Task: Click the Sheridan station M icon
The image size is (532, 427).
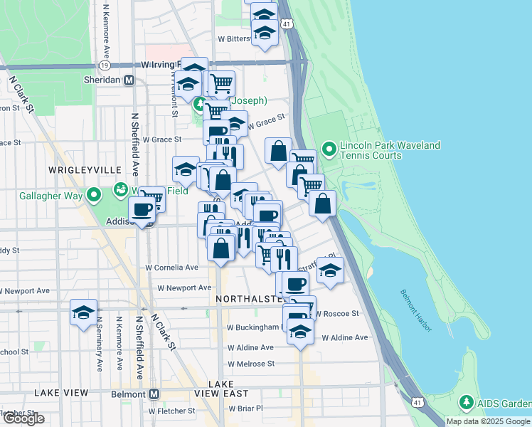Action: click(x=129, y=80)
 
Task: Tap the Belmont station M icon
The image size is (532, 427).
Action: click(x=154, y=394)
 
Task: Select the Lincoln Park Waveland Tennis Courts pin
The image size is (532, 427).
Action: click(x=329, y=150)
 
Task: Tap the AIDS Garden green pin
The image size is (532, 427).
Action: click(x=467, y=403)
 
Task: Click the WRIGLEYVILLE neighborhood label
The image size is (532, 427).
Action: click(x=78, y=170)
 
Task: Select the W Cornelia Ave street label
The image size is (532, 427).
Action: click(x=172, y=268)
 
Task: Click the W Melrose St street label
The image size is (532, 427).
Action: click(x=250, y=364)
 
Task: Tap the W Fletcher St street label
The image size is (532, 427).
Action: click(x=171, y=411)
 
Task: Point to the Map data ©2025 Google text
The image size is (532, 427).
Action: click(x=488, y=421)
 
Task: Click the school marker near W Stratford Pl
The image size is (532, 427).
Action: click(x=331, y=270)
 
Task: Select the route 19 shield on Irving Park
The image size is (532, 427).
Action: click(x=105, y=65)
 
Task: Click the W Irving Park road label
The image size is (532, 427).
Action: click(x=160, y=65)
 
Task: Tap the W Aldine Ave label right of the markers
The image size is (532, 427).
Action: click(x=345, y=337)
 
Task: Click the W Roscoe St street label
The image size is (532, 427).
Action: click(x=337, y=313)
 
